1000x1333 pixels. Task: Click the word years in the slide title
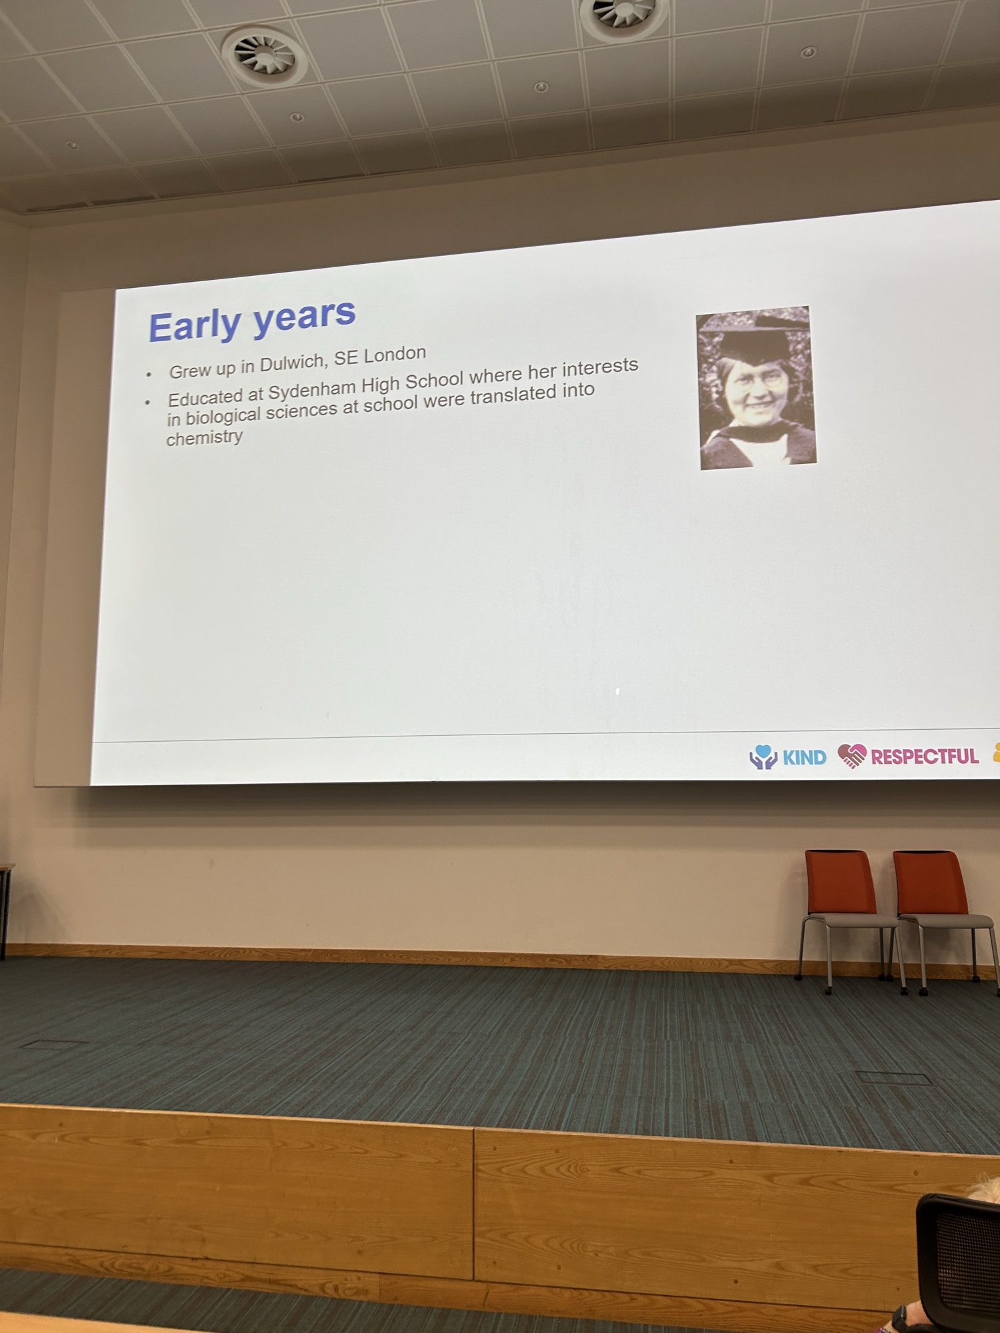click(x=305, y=316)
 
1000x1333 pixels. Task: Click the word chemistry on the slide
click(x=205, y=438)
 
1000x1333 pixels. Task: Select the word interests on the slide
click(x=600, y=367)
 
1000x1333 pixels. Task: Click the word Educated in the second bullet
click(x=205, y=397)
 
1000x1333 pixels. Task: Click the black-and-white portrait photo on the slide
click(x=756, y=388)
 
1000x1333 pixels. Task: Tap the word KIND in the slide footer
click(x=804, y=757)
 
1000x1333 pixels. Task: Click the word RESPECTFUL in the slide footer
click(x=925, y=756)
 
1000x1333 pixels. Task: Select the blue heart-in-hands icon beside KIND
click(x=763, y=757)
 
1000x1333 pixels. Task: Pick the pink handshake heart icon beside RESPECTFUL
click(x=852, y=756)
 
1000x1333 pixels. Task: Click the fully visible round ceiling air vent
click(x=264, y=54)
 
